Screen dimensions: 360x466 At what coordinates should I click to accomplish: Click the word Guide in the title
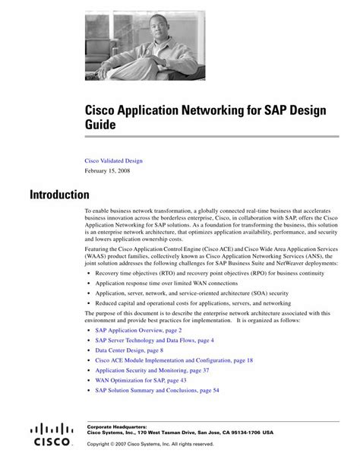100,124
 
